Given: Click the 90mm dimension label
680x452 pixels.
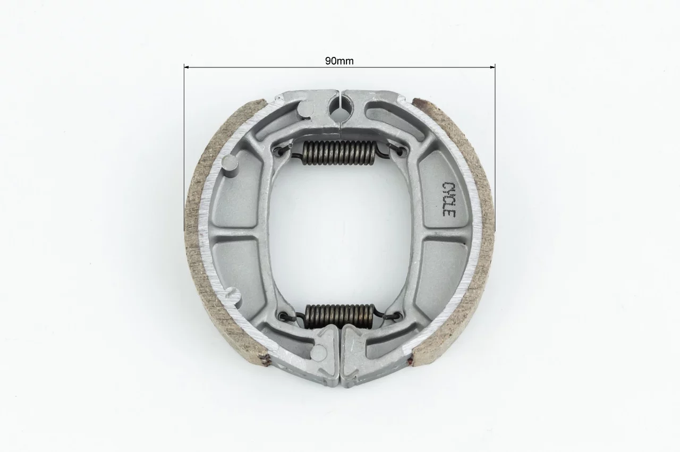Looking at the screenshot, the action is (339, 61).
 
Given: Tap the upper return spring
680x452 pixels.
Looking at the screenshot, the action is (339, 153).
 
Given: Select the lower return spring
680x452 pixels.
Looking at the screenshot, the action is (339, 316).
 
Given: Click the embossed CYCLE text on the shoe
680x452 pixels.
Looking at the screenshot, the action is (449, 199).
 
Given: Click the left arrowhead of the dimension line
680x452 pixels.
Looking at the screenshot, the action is (186, 67).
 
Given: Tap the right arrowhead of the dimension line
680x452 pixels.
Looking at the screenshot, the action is (492, 67).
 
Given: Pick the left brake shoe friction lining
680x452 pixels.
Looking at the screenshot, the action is (207, 231).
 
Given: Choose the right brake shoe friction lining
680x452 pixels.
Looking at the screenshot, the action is (473, 231).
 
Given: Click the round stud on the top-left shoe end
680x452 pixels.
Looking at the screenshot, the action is (305, 109).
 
